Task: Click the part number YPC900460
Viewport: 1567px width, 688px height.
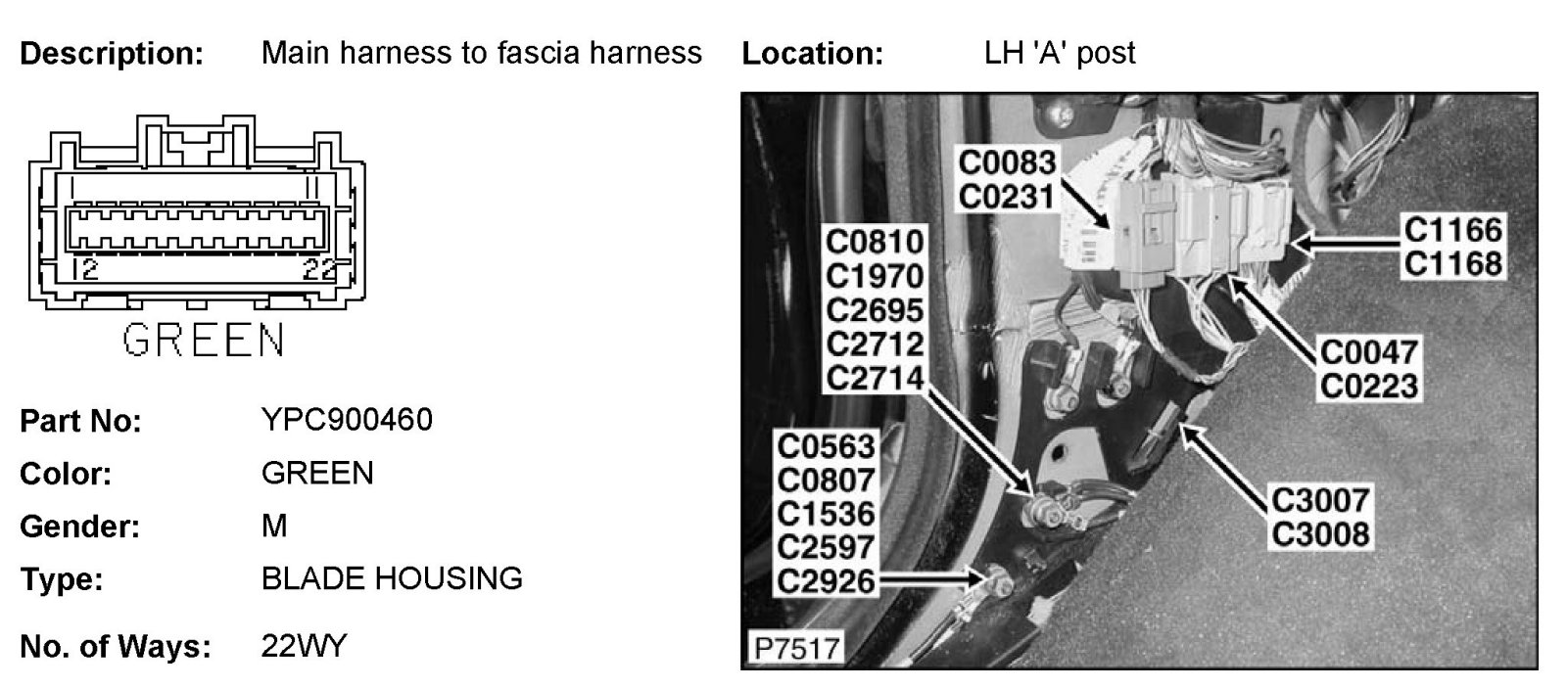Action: pyautogui.click(x=347, y=420)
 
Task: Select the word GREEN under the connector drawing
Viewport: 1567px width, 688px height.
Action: pyautogui.click(x=204, y=341)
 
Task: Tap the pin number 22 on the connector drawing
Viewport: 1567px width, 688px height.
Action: pyautogui.click(x=319, y=270)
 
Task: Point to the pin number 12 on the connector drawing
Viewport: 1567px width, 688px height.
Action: pyautogui.click(x=85, y=270)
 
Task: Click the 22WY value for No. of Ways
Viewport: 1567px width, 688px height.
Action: pyautogui.click(x=304, y=646)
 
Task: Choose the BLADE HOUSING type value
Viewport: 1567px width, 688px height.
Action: pyautogui.click(x=392, y=578)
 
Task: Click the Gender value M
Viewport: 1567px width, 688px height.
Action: pyautogui.click(x=274, y=527)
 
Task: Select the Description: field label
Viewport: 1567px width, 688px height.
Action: pyautogui.click(x=111, y=53)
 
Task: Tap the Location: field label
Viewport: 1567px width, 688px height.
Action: pyautogui.click(x=812, y=53)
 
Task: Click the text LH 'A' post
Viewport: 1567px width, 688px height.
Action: pyautogui.click(x=1060, y=53)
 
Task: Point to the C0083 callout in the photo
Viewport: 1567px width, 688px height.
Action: pyautogui.click(x=1007, y=161)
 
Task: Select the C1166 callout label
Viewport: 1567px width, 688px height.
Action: pyautogui.click(x=1452, y=230)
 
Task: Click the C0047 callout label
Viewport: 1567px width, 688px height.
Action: pyautogui.click(x=1368, y=351)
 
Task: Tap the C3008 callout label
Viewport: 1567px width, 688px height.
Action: pyautogui.click(x=1319, y=534)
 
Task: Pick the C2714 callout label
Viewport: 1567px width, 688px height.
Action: pyautogui.click(x=875, y=377)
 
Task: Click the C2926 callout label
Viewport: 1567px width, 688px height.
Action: pyautogui.click(x=826, y=581)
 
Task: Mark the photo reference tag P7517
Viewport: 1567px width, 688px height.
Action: pyautogui.click(x=795, y=648)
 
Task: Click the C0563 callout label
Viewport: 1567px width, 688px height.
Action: pyautogui.click(x=826, y=446)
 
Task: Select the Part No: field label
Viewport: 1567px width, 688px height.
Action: pyautogui.click(x=80, y=421)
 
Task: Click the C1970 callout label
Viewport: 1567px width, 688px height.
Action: pyautogui.click(x=875, y=275)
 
